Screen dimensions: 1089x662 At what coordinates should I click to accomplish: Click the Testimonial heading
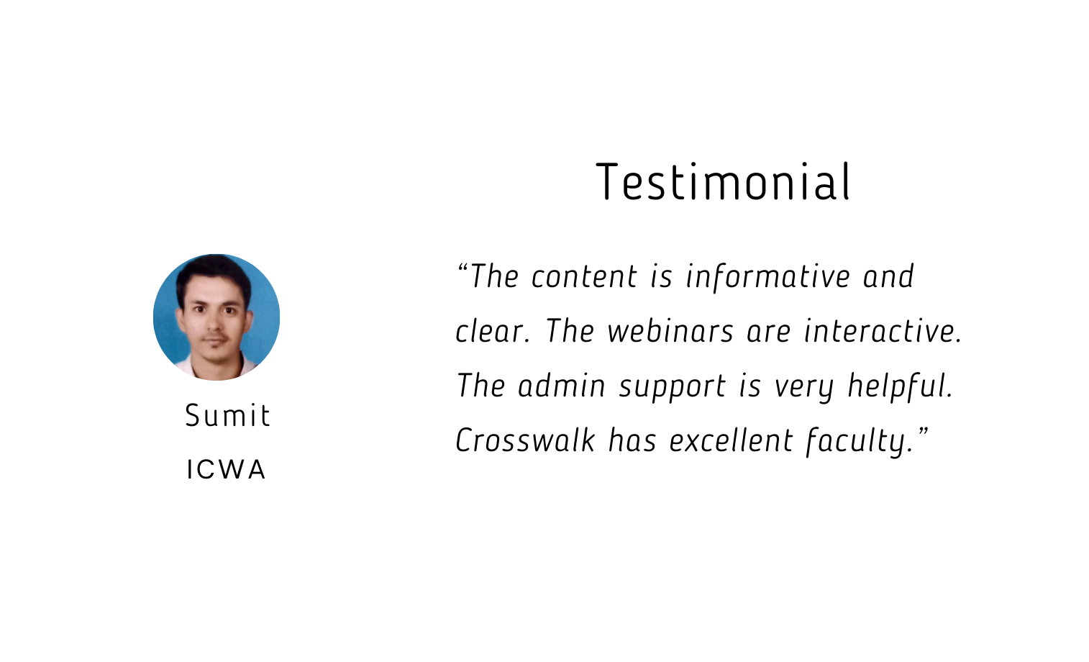pyautogui.click(x=723, y=181)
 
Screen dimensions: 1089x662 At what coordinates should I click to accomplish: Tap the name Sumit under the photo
pyautogui.click(x=227, y=416)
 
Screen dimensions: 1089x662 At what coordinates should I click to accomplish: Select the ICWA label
pyautogui.click(x=226, y=470)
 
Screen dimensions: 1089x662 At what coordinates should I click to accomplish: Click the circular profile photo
pyautogui.click(x=217, y=317)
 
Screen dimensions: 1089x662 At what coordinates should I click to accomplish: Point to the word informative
pyautogui.click(x=768, y=277)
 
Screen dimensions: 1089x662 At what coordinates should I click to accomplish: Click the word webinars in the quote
pyautogui.click(x=670, y=331)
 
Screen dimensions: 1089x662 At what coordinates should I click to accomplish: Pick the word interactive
pyautogui.click(x=883, y=331)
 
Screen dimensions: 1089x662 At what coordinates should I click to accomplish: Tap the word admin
pyautogui.click(x=562, y=386)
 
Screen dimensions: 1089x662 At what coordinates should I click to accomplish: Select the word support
pyautogui.click(x=673, y=388)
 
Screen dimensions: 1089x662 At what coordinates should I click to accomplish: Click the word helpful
pyautogui.click(x=900, y=386)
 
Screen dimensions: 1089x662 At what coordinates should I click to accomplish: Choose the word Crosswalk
pyautogui.click(x=525, y=440)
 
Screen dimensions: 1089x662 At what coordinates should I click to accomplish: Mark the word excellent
pyautogui.click(x=732, y=440)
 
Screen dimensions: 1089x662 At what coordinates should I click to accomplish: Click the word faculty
pyautogui.click(x=859, y=442)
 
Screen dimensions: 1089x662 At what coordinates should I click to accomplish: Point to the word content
pyautogui.click(x=584, y=277)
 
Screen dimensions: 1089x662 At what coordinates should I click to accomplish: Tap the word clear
pyautogui.click(x=493, y=331)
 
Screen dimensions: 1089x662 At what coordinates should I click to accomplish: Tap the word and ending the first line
pyautogui.click(x=889, y=277)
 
